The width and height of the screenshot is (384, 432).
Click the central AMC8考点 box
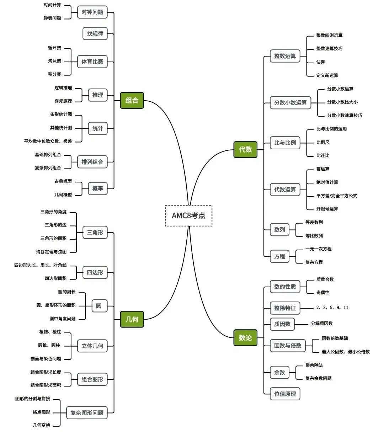188,215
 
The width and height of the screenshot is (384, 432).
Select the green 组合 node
132,100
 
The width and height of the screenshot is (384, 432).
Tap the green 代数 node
245,149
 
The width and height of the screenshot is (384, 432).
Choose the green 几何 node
132,319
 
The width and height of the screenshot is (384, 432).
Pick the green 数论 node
245,337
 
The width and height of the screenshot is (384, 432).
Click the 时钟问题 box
92,12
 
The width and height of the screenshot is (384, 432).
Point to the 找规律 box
95,33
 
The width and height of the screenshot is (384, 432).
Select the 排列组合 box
92,162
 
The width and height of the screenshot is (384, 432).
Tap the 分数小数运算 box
290,103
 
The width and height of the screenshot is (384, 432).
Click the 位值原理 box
285,394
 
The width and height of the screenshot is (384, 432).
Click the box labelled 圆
99,306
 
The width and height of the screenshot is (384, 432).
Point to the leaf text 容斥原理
63,101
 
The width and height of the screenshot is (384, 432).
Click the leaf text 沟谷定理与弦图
51,252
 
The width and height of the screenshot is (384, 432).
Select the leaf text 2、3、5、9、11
332,307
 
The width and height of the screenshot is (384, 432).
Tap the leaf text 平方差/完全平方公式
337,196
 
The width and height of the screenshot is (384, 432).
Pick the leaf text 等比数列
314,236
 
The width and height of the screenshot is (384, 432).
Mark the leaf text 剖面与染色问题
46,359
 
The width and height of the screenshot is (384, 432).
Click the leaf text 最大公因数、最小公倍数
346,352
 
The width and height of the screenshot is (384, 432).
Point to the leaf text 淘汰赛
54,61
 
